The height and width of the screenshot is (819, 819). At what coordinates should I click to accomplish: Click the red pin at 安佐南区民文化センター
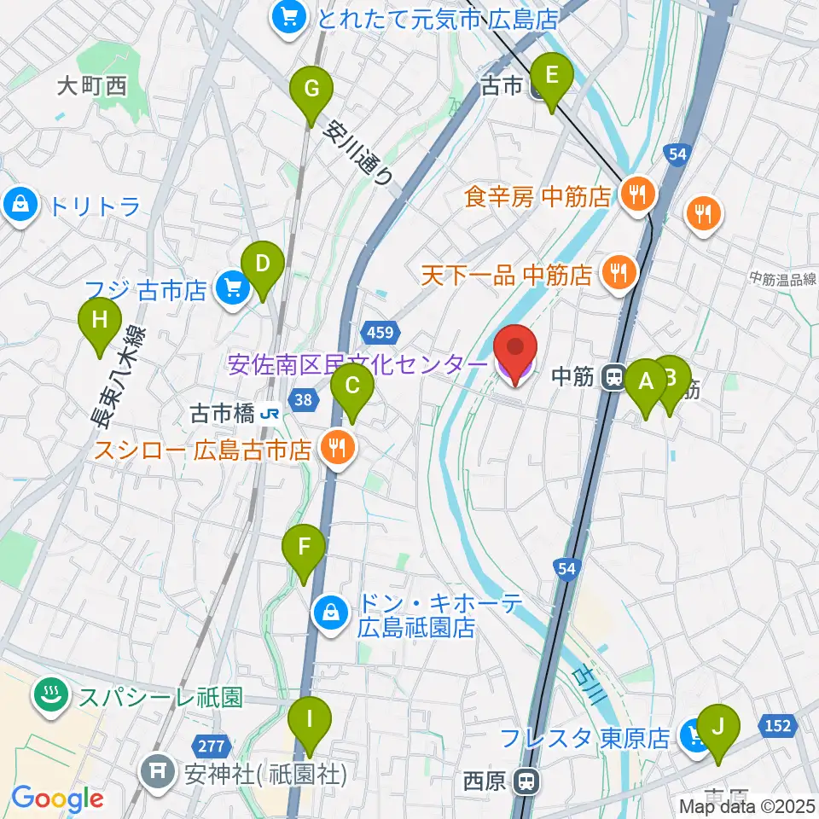pos(516,351)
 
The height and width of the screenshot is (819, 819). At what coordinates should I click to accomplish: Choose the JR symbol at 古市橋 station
pos(271,415)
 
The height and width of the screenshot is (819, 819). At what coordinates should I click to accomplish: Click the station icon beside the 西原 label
pos(530,781)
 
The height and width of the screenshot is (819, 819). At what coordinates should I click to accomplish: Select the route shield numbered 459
pos(379,329)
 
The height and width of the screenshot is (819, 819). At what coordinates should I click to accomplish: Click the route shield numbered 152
pos(777,725)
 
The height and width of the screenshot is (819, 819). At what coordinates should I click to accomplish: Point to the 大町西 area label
pos(92,86)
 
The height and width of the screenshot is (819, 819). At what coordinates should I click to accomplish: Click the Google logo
pos(57,799)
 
